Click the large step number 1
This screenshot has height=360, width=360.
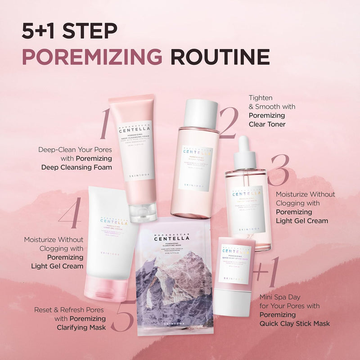point(105,123)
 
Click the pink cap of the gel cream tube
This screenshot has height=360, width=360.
point(105,289)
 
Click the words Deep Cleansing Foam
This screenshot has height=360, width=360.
point(76,167)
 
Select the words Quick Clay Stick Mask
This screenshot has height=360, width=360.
point(294,324)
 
